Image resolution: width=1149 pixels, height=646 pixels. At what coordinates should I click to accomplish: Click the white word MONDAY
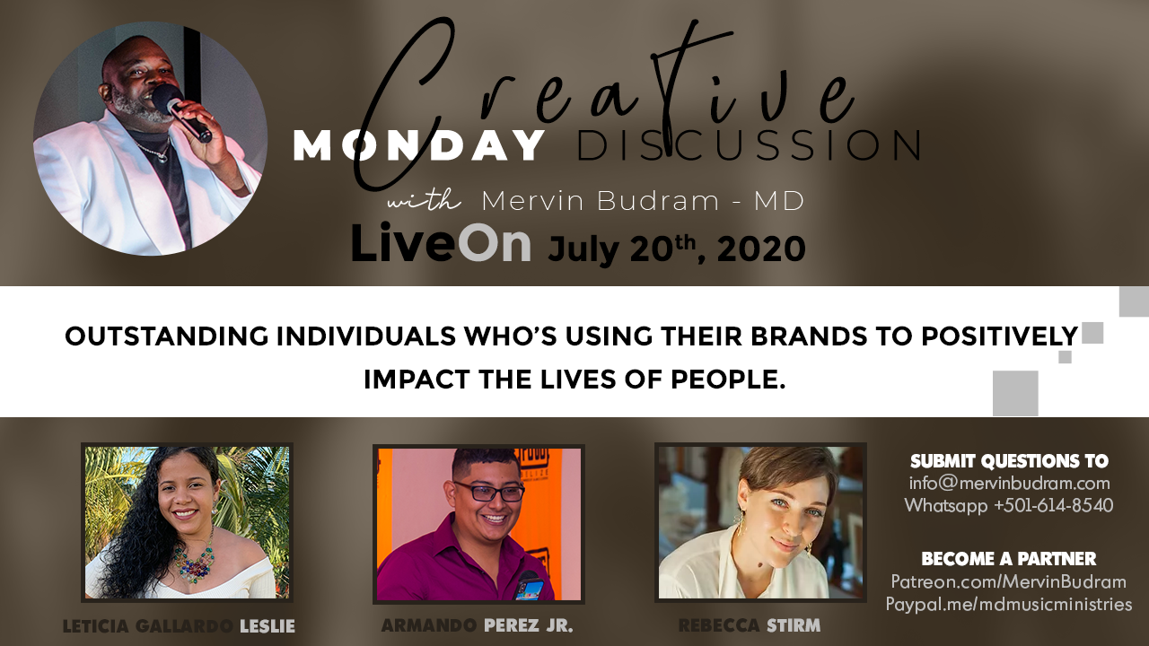click(418, 145)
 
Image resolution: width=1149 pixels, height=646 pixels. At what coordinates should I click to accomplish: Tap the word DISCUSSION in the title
click(749, 145)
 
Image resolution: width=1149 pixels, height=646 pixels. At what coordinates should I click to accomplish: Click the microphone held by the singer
click(181, 112)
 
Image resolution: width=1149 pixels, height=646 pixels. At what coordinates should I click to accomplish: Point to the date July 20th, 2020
click(677, 249)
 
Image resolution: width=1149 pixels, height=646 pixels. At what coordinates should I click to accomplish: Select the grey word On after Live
click(494, 243)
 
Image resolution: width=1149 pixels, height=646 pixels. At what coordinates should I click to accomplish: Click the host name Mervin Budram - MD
click(643, 200)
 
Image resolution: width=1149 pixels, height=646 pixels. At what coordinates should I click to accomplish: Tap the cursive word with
click(424, 200)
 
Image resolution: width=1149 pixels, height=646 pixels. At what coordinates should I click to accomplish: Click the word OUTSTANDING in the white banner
click(167, 336)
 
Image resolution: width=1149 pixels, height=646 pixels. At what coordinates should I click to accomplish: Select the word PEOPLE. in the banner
click(728, 380)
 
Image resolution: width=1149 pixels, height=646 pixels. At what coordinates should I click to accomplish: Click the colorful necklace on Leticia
click(194, 562)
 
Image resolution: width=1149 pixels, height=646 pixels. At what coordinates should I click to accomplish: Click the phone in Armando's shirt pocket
click(530, 587)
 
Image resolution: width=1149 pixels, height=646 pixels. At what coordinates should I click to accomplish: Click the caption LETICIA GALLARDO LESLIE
click(179, 626)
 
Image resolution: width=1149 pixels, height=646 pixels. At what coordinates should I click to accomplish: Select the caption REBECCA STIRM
click(750, 625)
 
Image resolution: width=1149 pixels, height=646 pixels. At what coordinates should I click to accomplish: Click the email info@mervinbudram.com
click(1010, 484)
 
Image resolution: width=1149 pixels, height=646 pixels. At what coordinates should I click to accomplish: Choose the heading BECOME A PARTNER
click(1009, 559)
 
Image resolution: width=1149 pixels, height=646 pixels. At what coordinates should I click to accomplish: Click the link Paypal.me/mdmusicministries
click(1009, 604)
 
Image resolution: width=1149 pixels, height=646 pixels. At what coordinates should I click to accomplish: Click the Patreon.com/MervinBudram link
click(1009, 582)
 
